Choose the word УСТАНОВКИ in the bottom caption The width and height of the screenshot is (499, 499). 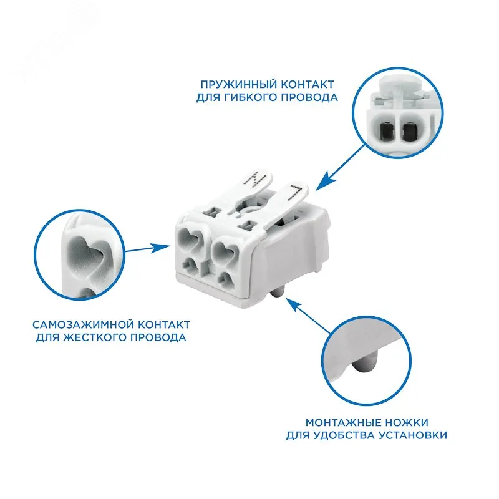[412, 435]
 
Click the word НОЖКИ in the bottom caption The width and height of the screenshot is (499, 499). [407, 423]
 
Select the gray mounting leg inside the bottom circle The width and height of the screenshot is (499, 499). [364, 362]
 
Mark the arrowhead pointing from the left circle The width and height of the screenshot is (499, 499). [161, 247]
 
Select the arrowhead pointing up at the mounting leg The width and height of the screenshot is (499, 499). [293, 304]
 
